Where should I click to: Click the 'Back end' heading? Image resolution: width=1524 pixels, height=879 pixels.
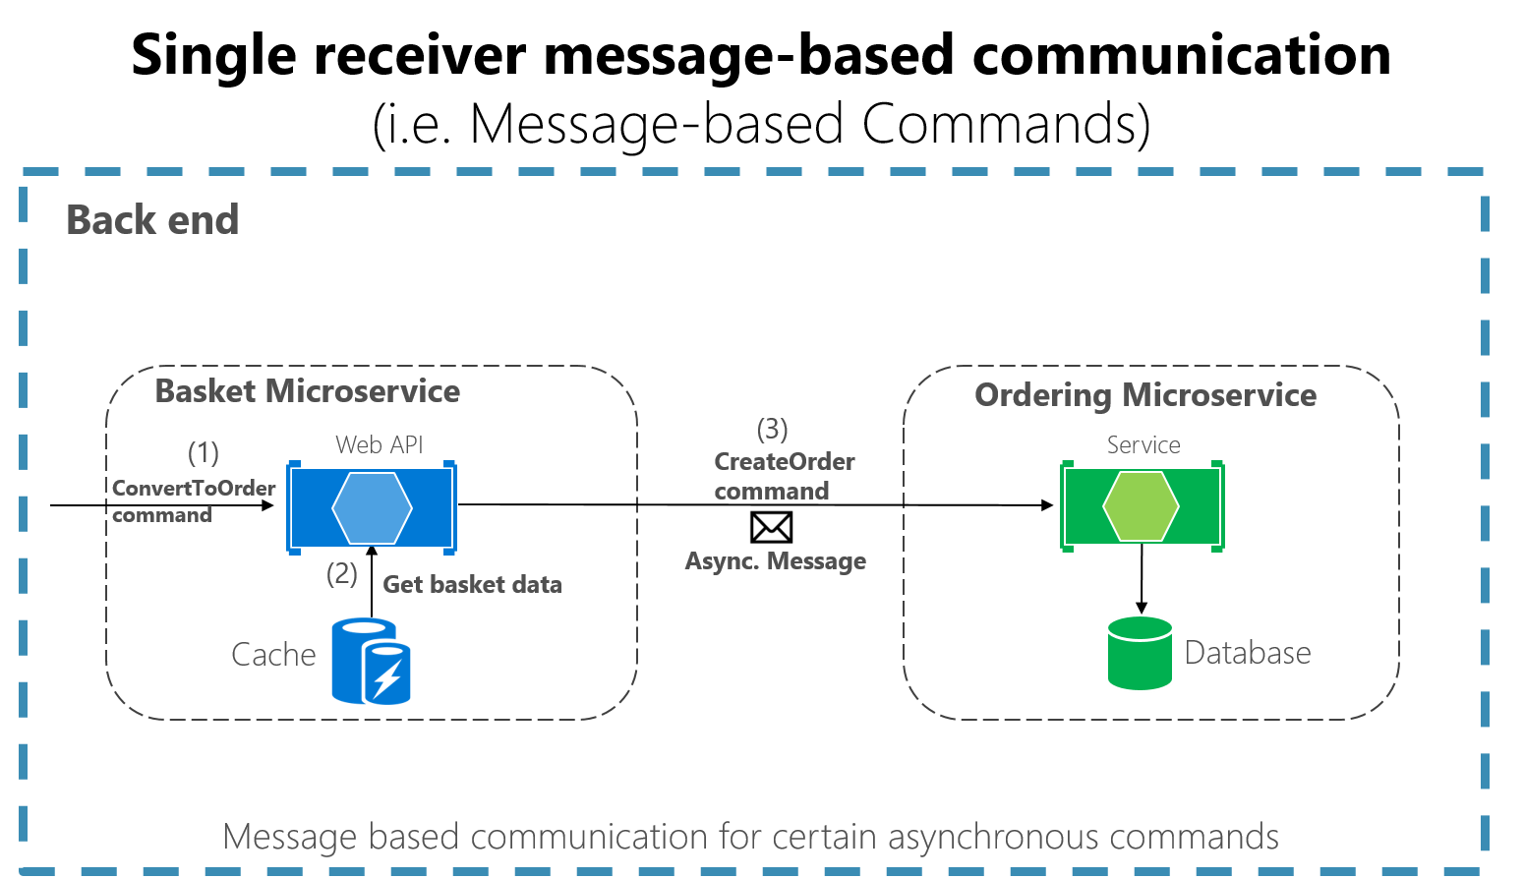(152, 220)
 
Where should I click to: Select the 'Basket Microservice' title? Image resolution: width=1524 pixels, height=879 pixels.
(308, 391)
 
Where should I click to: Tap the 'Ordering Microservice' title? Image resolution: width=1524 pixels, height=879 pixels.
(1145, 395)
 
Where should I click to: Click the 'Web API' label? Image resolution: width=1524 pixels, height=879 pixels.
(380, 445)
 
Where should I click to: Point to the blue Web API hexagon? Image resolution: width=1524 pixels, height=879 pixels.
(372, 507)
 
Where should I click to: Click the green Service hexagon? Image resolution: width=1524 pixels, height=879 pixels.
(1141, 507)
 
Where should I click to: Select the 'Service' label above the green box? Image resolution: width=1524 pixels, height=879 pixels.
(1143, 445)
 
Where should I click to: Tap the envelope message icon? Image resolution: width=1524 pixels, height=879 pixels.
(771, 527)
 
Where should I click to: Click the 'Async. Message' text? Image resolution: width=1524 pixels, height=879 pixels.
(776, 561)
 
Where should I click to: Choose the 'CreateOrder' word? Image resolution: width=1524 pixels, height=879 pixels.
(785, 462)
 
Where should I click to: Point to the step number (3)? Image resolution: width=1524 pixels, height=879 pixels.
(773, 429)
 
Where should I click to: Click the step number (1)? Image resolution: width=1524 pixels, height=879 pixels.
(204, 453)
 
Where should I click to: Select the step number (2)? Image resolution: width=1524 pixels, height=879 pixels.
(342, 573)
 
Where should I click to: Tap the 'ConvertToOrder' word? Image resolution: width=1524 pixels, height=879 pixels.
(194, 489)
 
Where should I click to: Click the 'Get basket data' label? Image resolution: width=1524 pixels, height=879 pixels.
(472, 585)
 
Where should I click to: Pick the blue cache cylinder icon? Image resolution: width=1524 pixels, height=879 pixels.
(371, 661)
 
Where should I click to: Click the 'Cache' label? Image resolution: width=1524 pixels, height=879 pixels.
(273, 655)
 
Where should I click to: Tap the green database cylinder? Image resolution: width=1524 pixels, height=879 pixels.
(1140, 653)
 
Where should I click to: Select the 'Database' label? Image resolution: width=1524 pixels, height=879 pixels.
(1248, 653)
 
